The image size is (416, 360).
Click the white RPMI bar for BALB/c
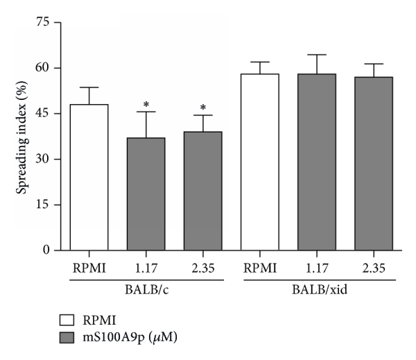89,177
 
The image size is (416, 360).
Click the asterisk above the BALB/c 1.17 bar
146,105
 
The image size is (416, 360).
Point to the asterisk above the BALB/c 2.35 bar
202,108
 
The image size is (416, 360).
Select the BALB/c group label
146,289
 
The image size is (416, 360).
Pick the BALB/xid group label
316,289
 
